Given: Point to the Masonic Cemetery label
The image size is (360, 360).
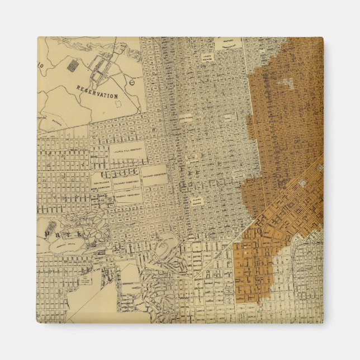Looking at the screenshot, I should tap(128, 196).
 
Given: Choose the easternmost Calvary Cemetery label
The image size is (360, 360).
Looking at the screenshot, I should tap(154, 175).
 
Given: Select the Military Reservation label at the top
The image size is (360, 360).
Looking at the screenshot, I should tap(229, 44).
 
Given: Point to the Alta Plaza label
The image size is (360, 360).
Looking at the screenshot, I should tap(186, 119).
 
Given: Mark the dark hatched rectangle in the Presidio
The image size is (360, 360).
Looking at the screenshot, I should tap(72, 66).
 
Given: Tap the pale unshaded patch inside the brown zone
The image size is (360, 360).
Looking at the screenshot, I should tap(287, 84).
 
